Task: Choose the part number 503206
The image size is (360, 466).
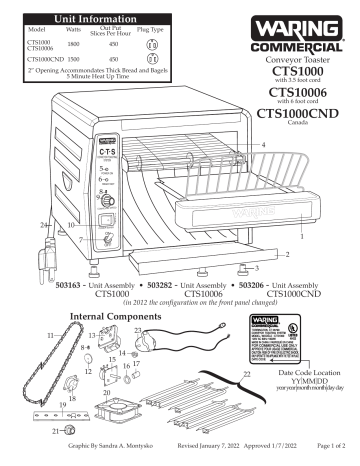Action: coord(230,284)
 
